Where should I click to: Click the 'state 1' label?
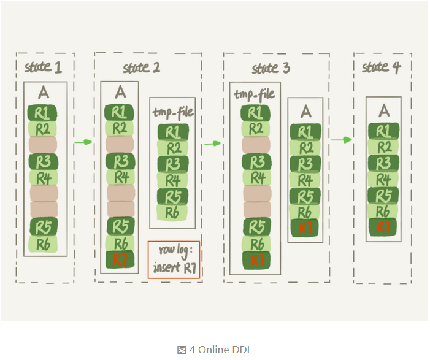tap(43, 66)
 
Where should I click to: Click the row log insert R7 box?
tap(174, 259)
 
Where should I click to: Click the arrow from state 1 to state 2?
tap(83, 142)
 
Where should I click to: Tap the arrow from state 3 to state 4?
tap(342, 140)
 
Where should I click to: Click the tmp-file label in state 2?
tap(172, 112)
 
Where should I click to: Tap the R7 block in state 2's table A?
tap(120, 259)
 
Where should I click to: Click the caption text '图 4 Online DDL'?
tap(215, 350)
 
